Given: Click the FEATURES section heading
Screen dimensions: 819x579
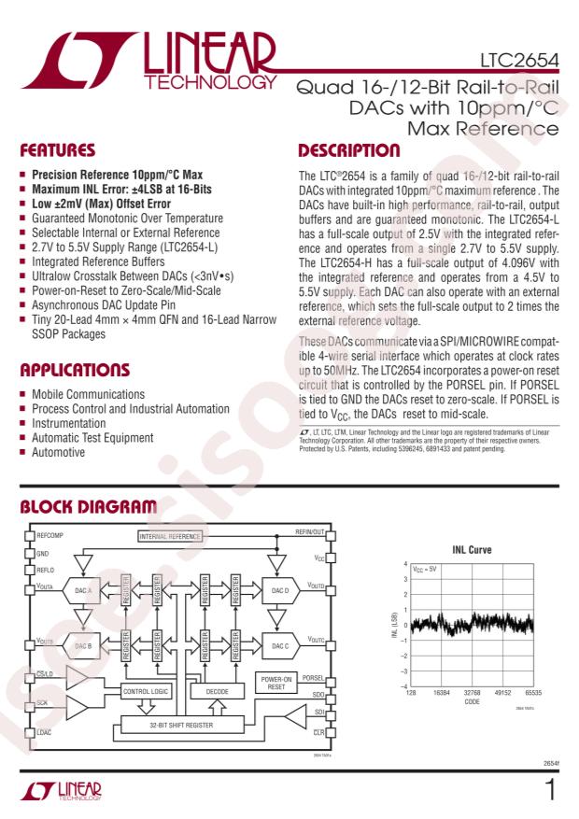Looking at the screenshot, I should (61, 150).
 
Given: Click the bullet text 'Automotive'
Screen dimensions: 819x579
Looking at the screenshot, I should (59, 452).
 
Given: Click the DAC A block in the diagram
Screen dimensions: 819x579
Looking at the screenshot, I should (85, 590).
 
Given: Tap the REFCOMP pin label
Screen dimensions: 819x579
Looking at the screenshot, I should (49, 537).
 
